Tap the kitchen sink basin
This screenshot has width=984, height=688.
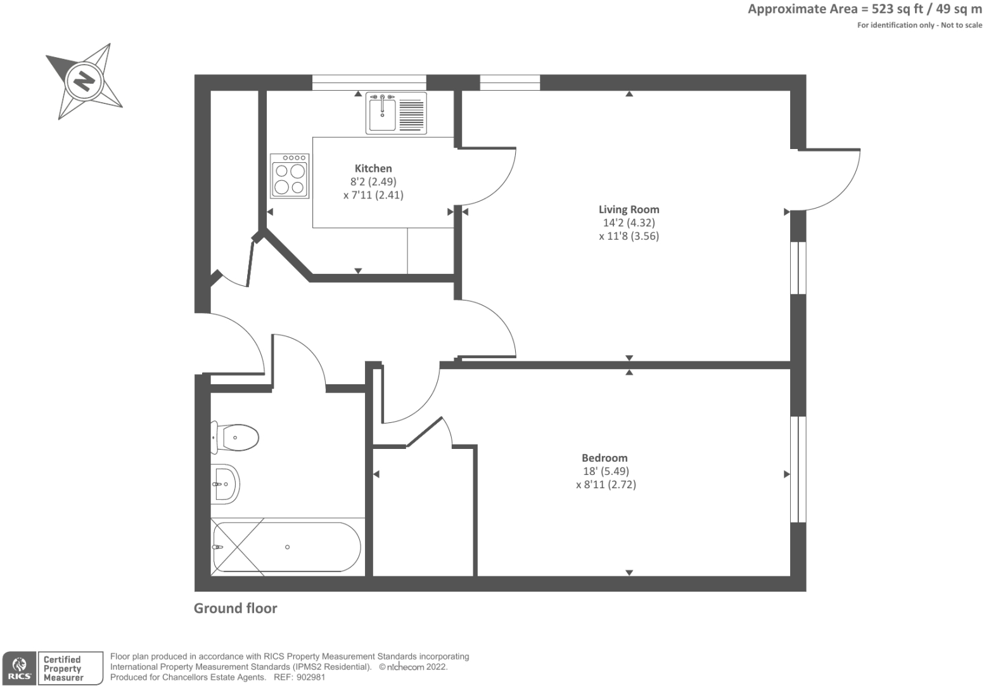tap(382, 114)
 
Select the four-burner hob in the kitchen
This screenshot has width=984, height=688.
tap(290, 176)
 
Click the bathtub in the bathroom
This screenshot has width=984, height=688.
tap(286, 547)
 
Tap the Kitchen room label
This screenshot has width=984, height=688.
tap(373, 169)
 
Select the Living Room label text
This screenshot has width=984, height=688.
tap(629, 209)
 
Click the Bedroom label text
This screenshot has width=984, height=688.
tap(604, 458)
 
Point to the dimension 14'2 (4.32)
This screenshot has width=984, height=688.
tap(629, 223)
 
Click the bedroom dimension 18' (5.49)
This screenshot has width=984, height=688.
tap(605, 472)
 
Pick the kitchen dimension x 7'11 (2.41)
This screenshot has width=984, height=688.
tap(373, 195)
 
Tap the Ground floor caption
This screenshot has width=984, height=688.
tap(235, 608)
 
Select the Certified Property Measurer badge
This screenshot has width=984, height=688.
tap(70, 668)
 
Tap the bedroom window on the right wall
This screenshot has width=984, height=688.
tap(798, 469)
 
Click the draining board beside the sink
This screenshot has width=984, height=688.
tap(412, 114)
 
